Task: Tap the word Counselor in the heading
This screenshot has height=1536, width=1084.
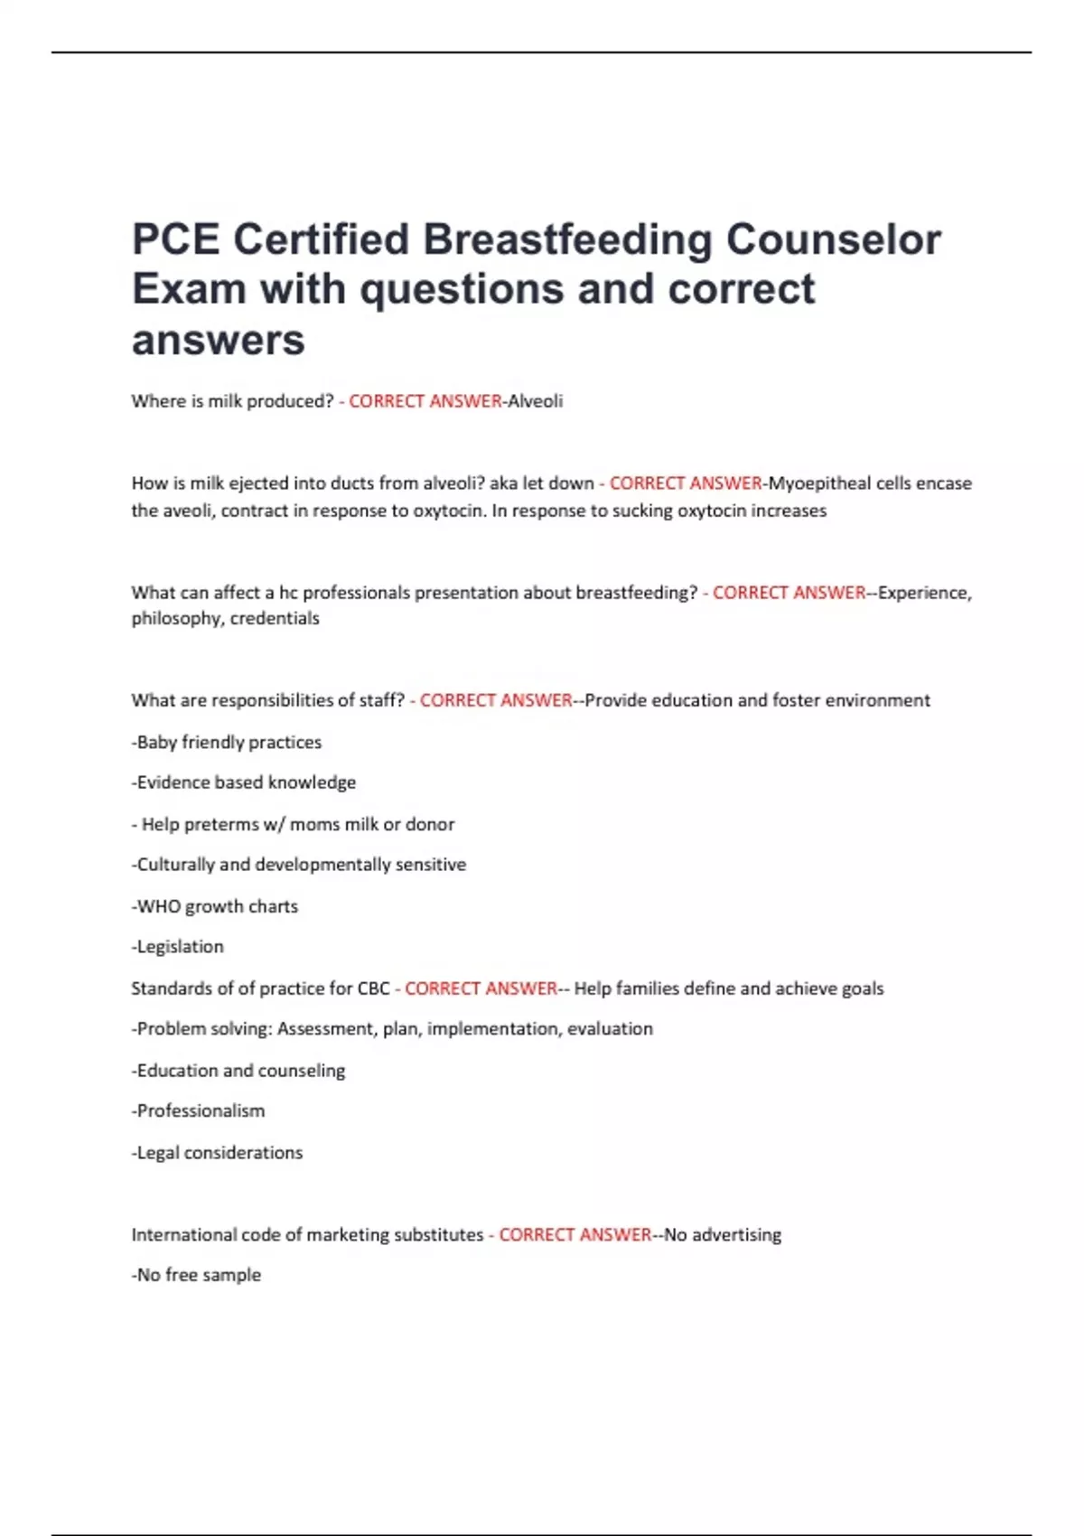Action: coord(834,240)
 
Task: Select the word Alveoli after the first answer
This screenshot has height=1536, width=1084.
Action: coord(535,401)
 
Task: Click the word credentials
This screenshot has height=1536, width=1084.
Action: coord(275,619)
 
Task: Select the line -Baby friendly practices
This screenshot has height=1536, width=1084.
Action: coord(227,743)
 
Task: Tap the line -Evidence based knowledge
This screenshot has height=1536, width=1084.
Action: coord(244,782)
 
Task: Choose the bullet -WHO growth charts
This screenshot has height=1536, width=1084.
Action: coord(215,906)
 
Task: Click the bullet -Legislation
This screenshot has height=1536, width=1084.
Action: coord(178,947)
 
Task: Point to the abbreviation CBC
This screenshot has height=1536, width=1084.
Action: coord(373,988)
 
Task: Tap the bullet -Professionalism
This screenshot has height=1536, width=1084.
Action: coord(199,1111)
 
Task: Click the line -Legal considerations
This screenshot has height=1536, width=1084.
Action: coord(218,1153)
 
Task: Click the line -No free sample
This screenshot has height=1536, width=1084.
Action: coord(197,1276)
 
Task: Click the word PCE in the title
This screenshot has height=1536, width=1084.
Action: coord(175,240)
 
